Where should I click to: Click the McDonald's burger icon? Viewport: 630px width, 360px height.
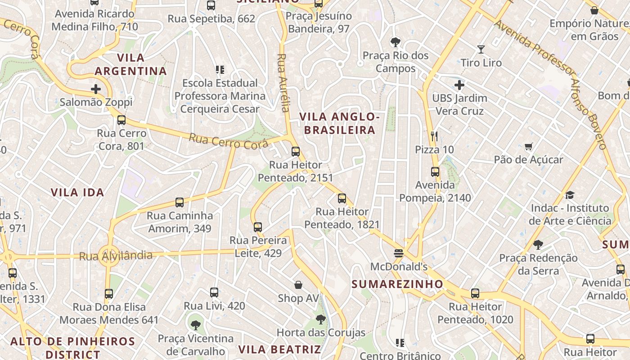pos(399,253)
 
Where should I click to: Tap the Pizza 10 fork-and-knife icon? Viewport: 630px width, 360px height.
pos(434,136)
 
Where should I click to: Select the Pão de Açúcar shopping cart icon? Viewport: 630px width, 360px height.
pos(528,146)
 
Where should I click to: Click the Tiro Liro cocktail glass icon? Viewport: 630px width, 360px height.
pos(481,49)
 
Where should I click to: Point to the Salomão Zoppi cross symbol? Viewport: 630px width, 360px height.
pos(96,89)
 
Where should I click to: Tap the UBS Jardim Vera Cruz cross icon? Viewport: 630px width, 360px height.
pos(459,85)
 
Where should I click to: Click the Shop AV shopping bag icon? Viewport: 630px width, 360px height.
pos(298,285)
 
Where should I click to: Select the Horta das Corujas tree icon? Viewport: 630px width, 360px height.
pos(320,319)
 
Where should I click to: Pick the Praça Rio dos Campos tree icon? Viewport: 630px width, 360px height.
pos(396,42)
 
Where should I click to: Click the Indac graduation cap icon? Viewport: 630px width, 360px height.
pos(570,195)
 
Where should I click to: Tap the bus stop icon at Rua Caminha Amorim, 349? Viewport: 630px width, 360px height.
pos(180,202)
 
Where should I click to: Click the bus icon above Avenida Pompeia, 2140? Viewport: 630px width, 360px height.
pos(435,171)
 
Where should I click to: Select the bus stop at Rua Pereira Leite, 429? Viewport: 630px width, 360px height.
pos(258,227)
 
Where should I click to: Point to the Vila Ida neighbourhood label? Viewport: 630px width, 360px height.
pos(77,193)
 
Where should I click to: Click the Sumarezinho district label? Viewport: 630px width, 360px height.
pos(397,284)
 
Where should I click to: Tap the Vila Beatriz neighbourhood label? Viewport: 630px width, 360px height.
pos(279,350)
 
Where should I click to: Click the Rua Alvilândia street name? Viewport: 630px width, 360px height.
pos(116,256)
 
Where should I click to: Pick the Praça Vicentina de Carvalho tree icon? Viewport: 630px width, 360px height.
pos(195,325)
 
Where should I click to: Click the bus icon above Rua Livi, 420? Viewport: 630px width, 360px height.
pos(214,292)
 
